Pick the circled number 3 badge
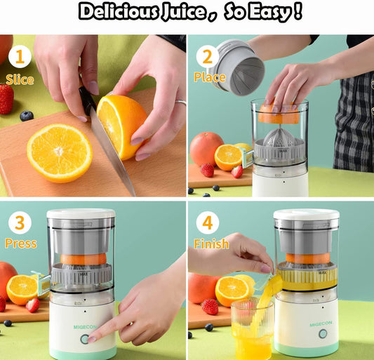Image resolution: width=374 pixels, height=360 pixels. coord(19,224)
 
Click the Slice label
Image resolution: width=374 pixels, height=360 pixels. coord(20,79)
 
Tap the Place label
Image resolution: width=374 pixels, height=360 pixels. coord(210,77)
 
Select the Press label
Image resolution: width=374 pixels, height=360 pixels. coord(20,244)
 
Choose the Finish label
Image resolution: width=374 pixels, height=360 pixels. coord(211,244)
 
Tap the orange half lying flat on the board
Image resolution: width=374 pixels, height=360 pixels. coord(60,152)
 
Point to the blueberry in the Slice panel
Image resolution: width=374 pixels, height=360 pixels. coord(27,116)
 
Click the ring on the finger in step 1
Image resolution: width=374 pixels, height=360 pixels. coord(181,102)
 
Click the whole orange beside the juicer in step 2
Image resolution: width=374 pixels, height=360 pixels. coord(206,148)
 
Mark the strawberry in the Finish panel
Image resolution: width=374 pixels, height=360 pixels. coord(209,307)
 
